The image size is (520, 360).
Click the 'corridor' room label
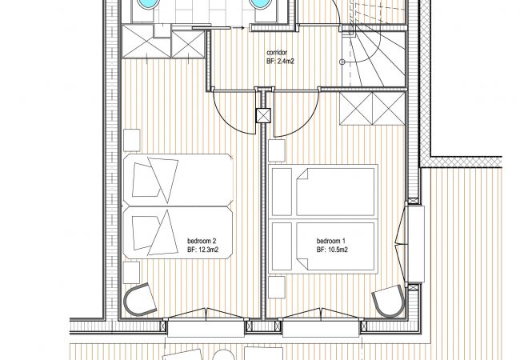(277, 52)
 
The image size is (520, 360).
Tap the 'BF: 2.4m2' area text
(280, 62)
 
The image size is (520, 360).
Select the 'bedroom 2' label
(202, 241)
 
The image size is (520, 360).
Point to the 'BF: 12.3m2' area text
(202, 250)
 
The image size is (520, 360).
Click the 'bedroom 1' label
(330, 241)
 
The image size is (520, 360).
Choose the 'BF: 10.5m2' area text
(332, 250)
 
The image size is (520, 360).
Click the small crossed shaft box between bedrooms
(263, 116)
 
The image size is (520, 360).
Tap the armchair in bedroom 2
(140, 300)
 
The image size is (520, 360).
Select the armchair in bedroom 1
(390, 301)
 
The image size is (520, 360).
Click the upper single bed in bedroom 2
(178, 180)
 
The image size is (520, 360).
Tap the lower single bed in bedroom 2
(178, 233)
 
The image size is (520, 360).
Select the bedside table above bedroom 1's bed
(277, 150)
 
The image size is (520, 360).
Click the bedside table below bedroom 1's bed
(277, 287)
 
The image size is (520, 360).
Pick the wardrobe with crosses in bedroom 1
(373, 109)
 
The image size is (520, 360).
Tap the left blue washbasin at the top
(146, 4)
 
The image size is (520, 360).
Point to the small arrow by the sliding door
(238, 28)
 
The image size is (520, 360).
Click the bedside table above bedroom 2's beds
(132, 140)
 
